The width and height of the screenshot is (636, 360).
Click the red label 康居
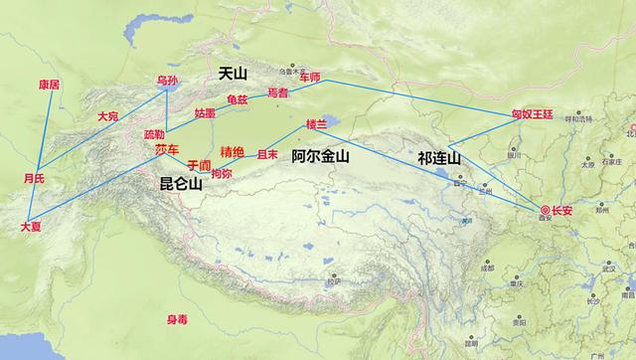click(x=49, y=85)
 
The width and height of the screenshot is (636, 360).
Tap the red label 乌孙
click(x=169, y=81)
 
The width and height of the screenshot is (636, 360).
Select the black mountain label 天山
click(x=234, y=75)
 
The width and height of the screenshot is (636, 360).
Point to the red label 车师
click(x=311, y=77)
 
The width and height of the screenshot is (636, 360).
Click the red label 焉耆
click(x=278, y=92)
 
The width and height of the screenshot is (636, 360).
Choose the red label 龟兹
click(x=238, y=99)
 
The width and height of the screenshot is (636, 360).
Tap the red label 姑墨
click(x=205, y=113)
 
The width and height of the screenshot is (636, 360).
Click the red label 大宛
click(x=107, y=116)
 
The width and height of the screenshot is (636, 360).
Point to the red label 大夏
click(x=32, y=228)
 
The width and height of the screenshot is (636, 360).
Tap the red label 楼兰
click(x=316, y=125)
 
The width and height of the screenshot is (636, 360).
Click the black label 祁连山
click(x=439, y=159)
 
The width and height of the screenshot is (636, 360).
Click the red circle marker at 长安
click(x=545, y=209)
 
